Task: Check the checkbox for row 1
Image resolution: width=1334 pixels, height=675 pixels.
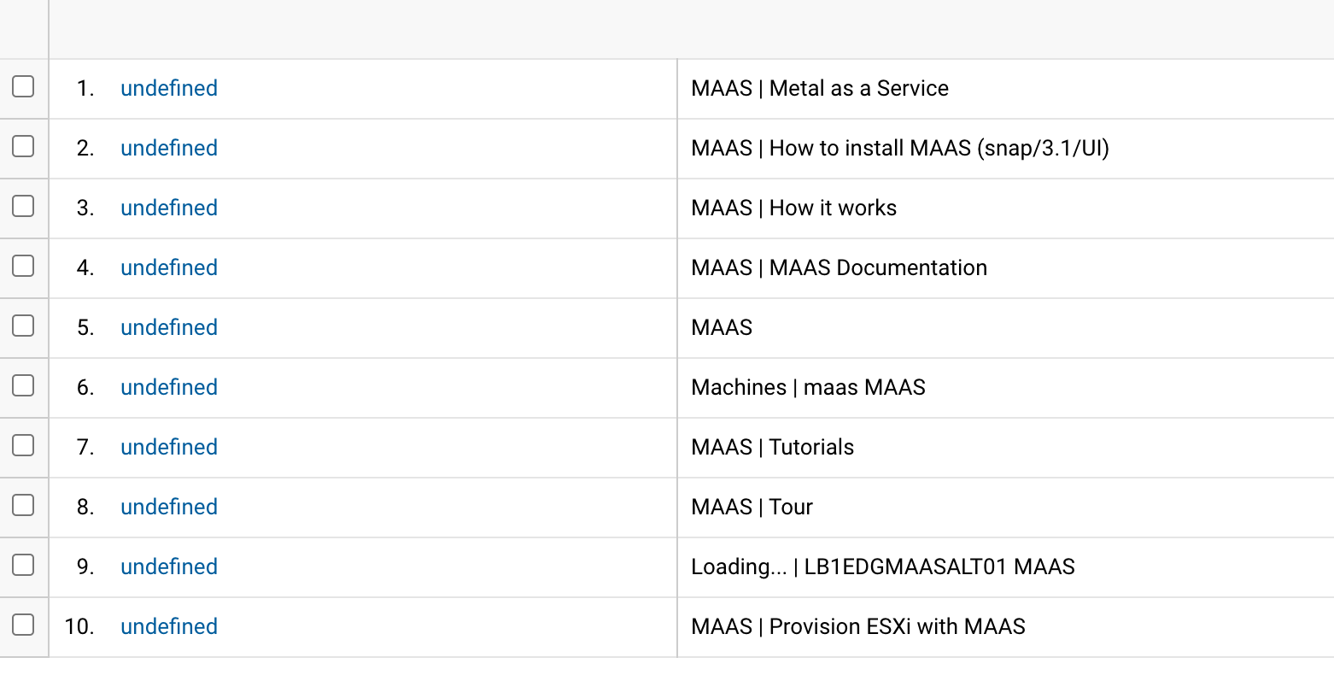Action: coord(23,86)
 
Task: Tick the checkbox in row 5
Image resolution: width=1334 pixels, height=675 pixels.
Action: coord(23,326)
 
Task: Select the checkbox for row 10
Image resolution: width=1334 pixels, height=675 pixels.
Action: coord(23,625)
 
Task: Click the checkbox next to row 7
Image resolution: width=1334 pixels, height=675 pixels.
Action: coord(23,445)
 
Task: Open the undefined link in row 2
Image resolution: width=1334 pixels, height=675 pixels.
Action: coord(169,148)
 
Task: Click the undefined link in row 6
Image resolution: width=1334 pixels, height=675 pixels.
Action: coord(169,387)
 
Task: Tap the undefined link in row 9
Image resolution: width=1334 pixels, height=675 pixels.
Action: coord(169,566)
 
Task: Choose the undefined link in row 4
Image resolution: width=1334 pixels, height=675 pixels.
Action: coord(169,267)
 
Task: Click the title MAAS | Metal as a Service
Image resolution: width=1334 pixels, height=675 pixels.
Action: coord(820,88)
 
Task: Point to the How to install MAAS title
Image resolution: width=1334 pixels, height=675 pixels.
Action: coord(900,148)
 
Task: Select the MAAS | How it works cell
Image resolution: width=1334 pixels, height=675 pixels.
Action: coord(794,208)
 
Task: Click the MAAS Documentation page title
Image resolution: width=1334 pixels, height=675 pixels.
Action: coord(839,267)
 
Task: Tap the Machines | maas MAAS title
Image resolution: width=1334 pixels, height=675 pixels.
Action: coord(808,387)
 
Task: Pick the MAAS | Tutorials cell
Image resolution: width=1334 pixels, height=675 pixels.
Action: coord(773,447)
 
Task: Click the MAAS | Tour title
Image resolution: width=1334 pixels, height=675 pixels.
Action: coord(752,507)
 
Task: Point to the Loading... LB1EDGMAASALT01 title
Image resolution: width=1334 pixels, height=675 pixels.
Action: coord(883,566)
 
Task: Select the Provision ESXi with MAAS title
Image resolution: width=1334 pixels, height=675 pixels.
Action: coord(858,626)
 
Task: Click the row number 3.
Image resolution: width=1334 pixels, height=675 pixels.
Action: coord(85,208)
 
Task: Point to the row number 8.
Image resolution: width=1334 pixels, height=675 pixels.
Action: coord(85,507)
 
